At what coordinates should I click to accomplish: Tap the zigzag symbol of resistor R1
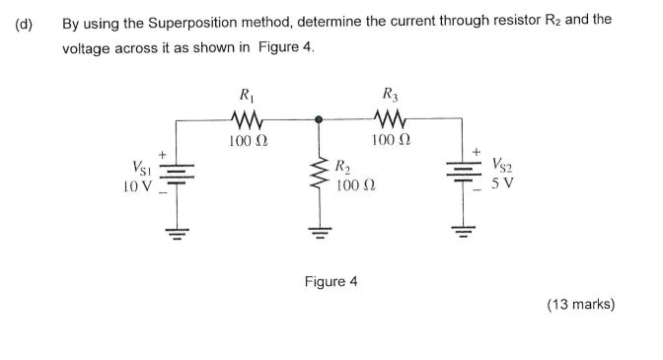pyautogui.click(x=243, y=120)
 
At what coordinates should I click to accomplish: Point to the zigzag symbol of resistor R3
pyautogui.click(x=388, y=120)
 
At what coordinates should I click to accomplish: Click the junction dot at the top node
pyautogui.click(x=318, y=119)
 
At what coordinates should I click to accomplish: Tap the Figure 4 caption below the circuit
pyautogui.click(x=331, y=281)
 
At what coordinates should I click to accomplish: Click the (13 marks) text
pyautogui.click(x=581, y=305)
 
